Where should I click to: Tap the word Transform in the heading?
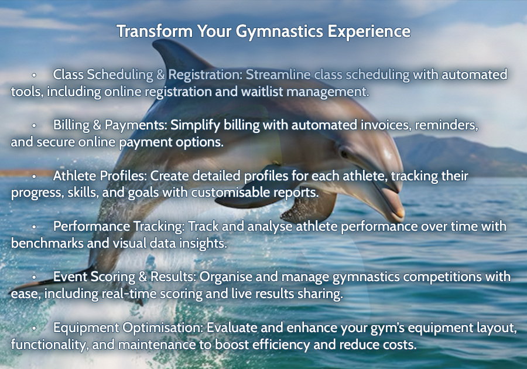[155, 31]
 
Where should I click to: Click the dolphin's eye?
[344, 153]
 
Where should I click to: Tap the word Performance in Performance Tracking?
[91, 227]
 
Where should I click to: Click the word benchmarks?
[47, 243]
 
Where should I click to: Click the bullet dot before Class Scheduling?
[34, 76]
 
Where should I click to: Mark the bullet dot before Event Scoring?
[34, 278]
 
